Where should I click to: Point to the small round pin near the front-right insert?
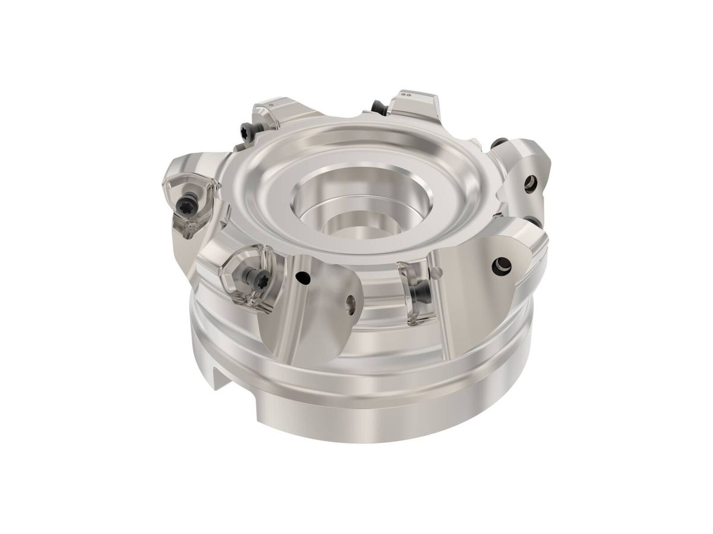click(x=438, y=272)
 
